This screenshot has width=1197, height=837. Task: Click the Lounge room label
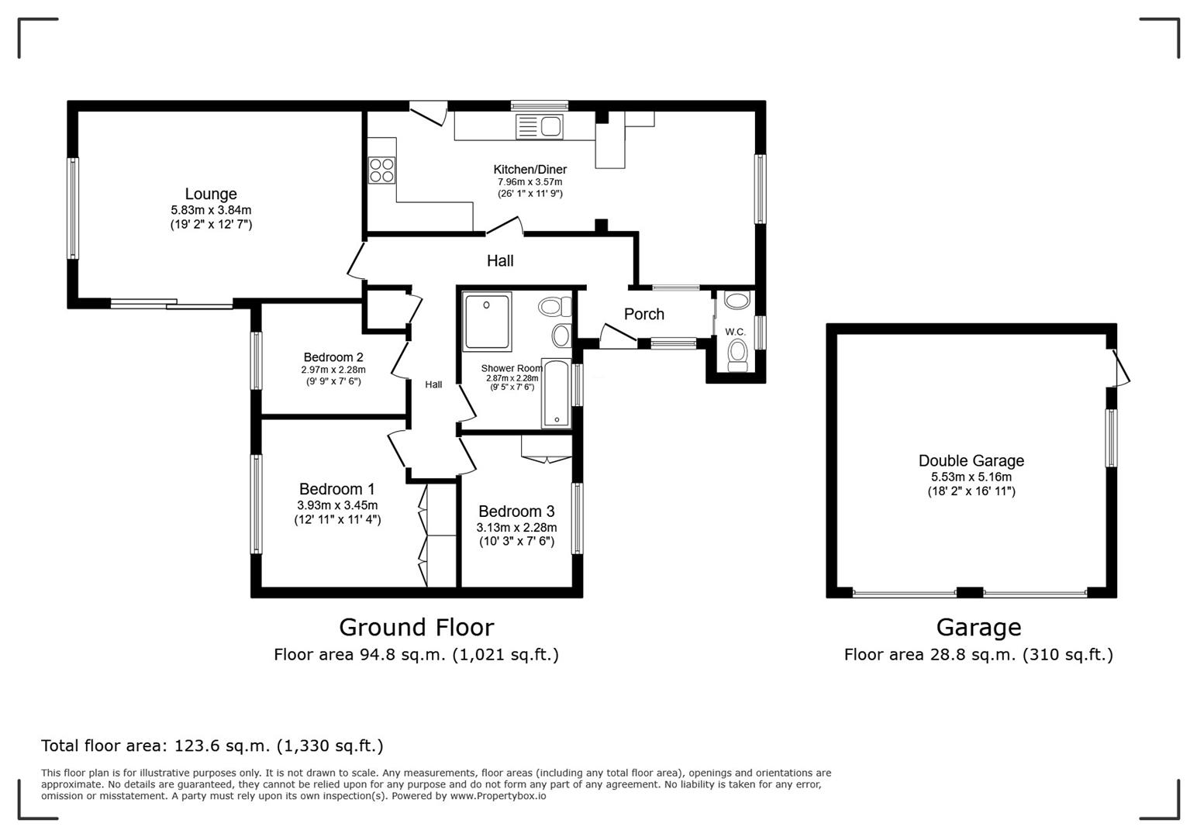(211, 194)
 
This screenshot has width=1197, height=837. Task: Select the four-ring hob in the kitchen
(381, 170)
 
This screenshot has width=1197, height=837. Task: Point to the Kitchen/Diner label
(530, 170)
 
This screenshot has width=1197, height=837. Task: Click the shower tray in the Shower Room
(487, 321)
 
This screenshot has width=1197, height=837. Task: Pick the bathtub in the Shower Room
(556, 394)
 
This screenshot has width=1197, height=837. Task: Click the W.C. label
(735, 332)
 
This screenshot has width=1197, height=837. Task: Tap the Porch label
(643, 314)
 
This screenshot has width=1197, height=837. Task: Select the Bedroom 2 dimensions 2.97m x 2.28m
(333, 370)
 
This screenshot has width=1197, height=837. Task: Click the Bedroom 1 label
(336, 489)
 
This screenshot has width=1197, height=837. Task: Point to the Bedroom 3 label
(516, 511)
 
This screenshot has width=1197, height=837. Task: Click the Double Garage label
(971, 461)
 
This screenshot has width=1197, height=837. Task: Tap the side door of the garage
(1119, 367)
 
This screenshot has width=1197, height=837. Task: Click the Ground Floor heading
(416, 627)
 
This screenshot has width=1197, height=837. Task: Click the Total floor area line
(212, 746)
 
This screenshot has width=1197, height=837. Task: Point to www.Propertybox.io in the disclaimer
(498, 796)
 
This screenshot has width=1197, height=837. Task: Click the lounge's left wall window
(72, 208)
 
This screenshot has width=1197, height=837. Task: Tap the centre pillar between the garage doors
(969, 593)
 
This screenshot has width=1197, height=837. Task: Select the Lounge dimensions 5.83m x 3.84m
(211, 210)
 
